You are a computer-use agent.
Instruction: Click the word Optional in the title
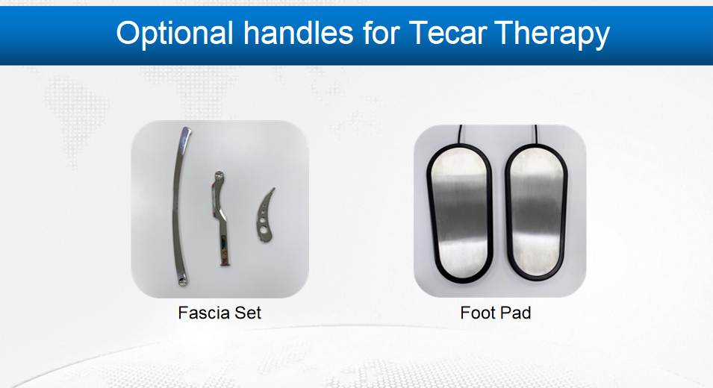[x=175, y=33]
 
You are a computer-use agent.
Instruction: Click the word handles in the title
[x=299, y=32]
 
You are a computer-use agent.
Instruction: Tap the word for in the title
[x=381, y=32]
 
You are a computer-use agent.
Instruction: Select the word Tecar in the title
[x=447, y=33]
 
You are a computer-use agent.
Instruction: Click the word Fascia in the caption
[x=204, y=313]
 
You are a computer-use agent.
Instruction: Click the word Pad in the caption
[x=516, y=313]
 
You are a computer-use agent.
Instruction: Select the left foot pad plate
[x=459, y=213]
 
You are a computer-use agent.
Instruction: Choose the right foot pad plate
[x=536, y=212]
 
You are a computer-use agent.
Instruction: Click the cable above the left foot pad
[x=460, y=134]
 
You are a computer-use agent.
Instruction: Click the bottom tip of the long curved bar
[x=183, y=284]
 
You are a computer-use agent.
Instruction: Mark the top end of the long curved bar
[x=187, y=129]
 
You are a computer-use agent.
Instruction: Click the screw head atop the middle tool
[x=219, y=175]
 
